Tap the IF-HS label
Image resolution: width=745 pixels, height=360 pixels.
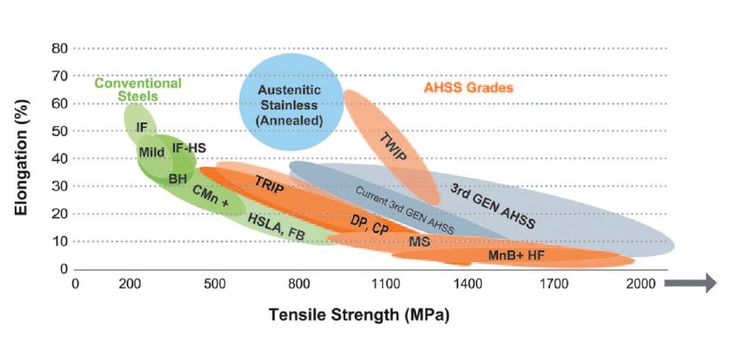tap(188, 148)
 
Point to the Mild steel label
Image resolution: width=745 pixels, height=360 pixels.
tap(152, 153)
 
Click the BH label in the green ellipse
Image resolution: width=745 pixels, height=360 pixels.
tap(178, 178)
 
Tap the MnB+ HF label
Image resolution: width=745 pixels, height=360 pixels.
tap(516, 255)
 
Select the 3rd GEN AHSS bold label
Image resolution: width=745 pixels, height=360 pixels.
tap(493, 206)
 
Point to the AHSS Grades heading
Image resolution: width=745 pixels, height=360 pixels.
tap(468, 88)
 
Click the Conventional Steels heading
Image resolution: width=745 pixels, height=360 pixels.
tap(137, 90)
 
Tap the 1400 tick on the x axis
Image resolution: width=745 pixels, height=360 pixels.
tap(468, 284)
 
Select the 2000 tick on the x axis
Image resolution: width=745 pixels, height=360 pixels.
tap(640, 284)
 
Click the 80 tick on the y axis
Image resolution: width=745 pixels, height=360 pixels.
tap(58, 48)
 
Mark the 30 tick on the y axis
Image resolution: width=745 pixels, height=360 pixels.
tap(58, 186)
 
